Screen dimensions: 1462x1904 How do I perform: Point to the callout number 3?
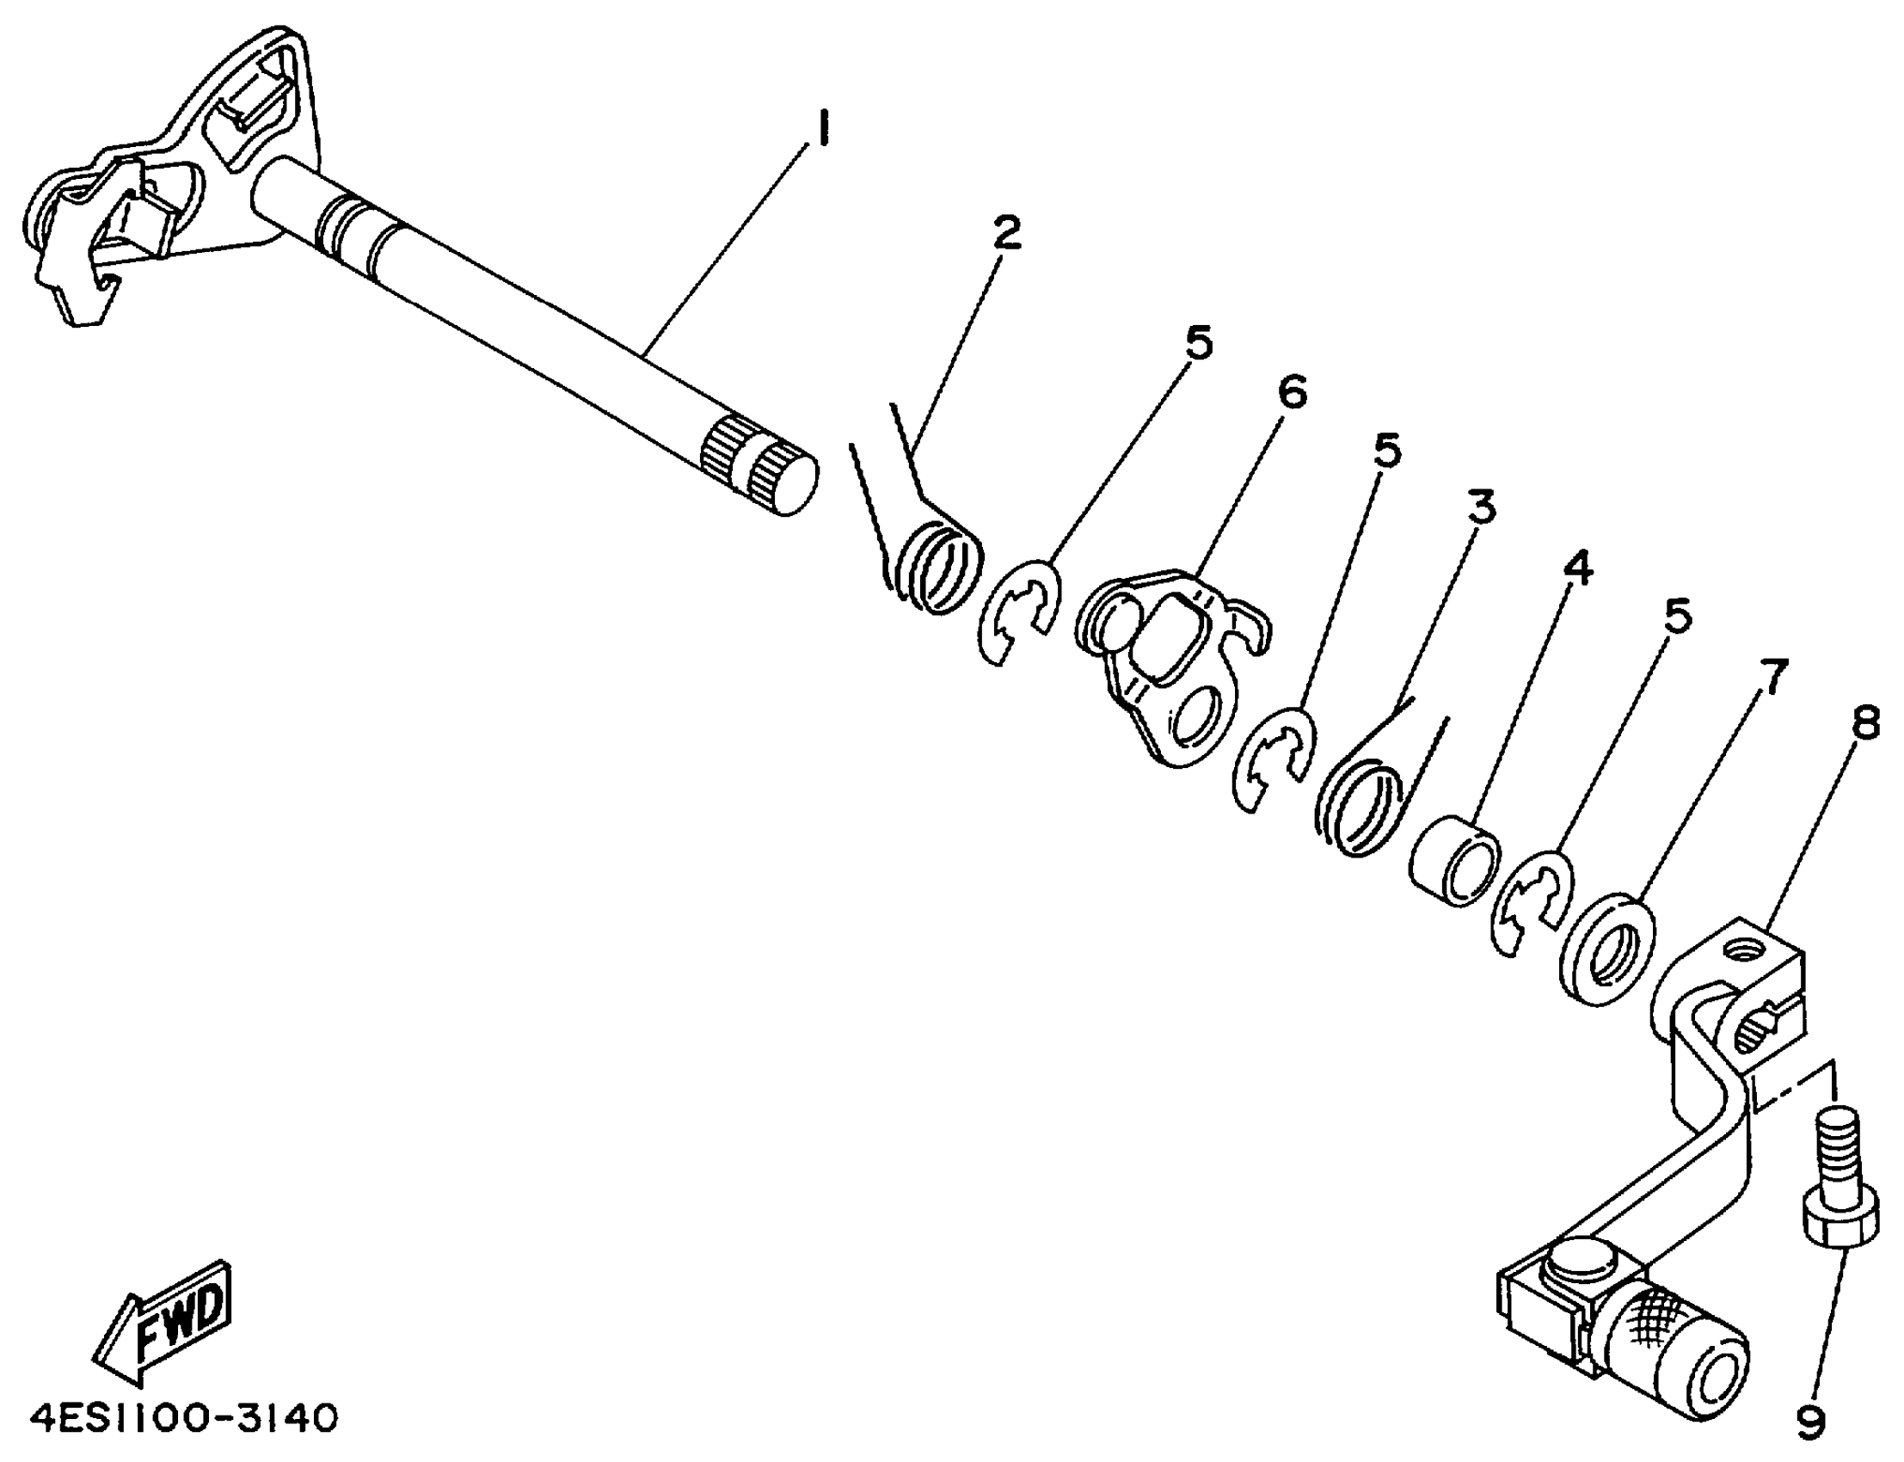point(1480,507)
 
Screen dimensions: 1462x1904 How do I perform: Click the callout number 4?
point(1576,568)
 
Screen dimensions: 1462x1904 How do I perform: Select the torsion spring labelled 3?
point(1360,805)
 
